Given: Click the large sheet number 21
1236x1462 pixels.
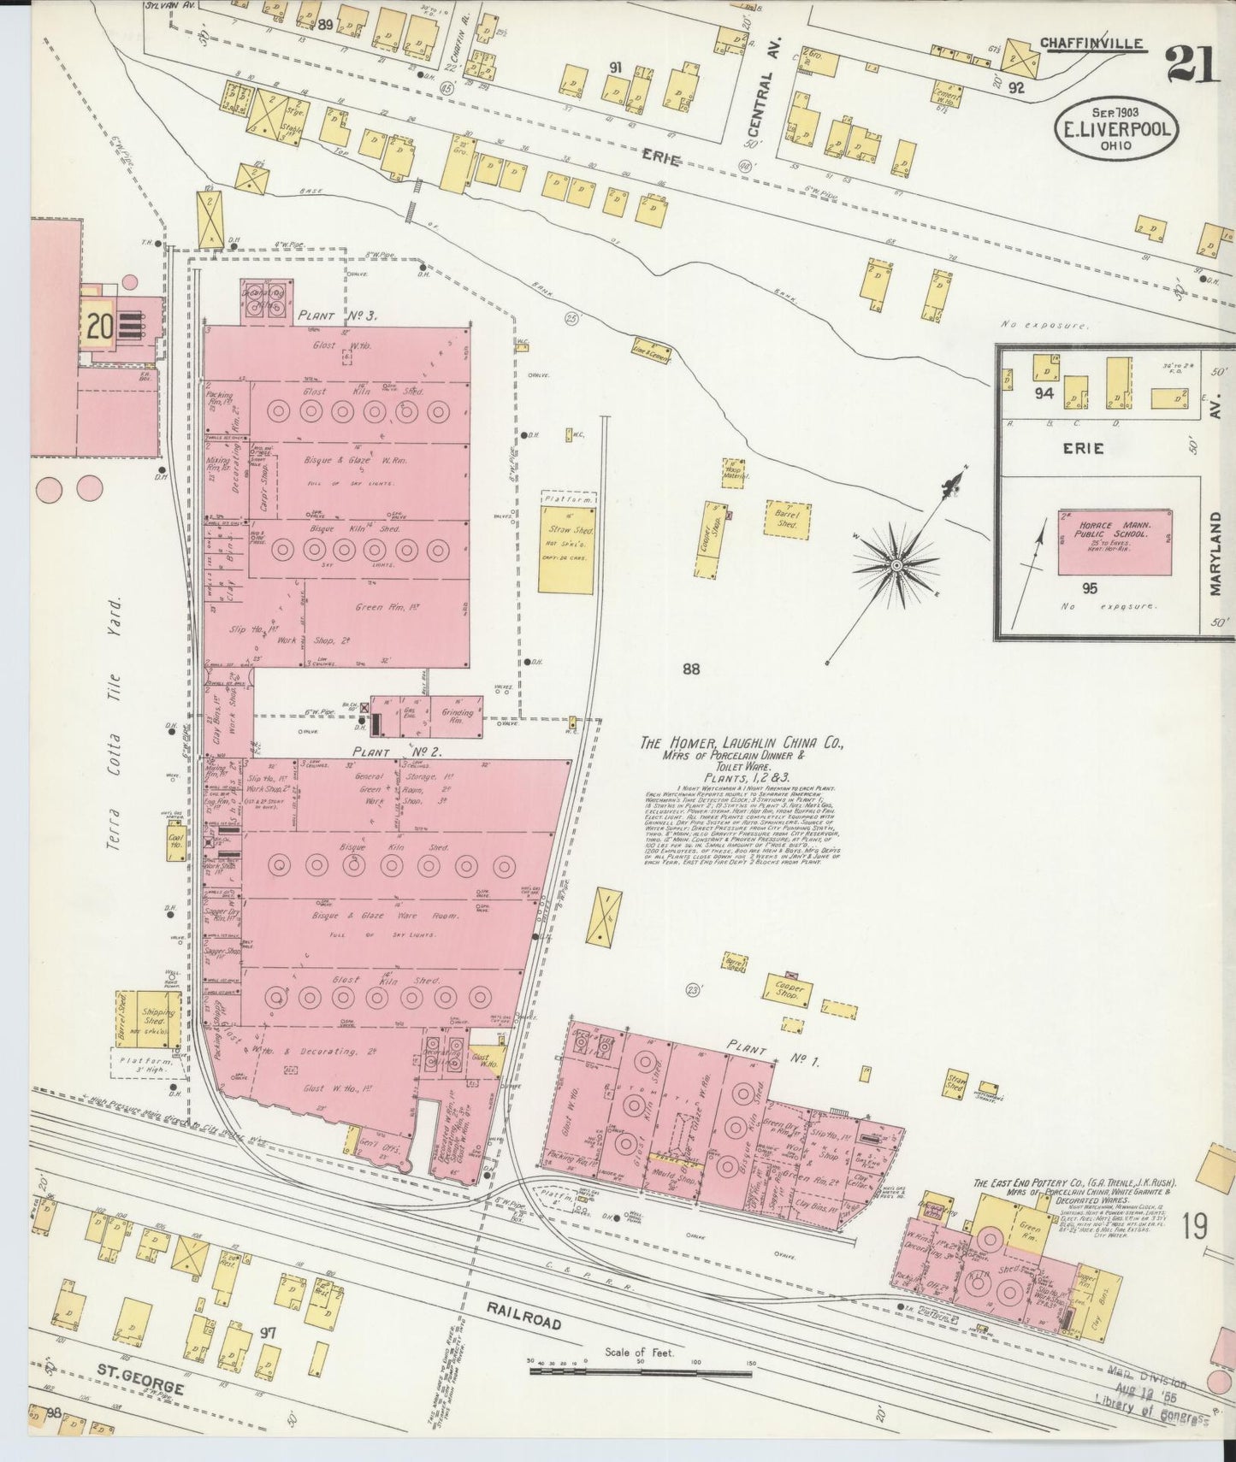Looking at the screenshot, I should click(x=1191, y=65).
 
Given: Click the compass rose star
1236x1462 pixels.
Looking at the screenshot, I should click(x=896, y=565).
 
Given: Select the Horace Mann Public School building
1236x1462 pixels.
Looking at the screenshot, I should click(x=1115, y=543).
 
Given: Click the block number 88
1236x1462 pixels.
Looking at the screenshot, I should click(x=691, y=669).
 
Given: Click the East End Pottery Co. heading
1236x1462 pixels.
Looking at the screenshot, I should click(x=1074, y=1183).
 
